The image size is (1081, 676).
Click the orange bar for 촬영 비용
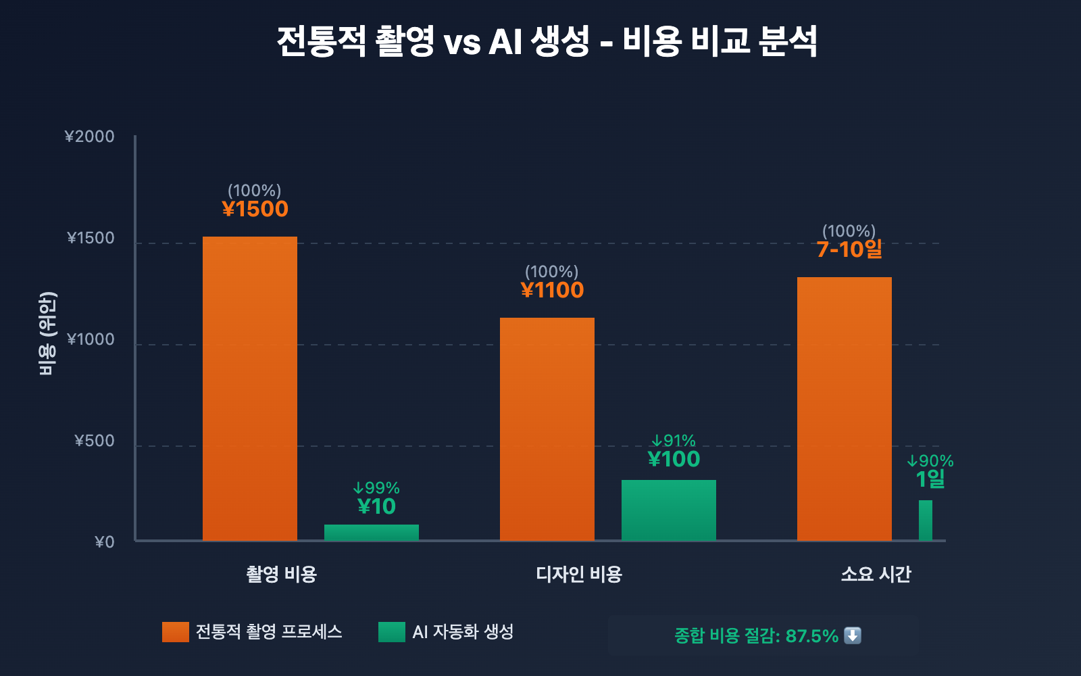250,389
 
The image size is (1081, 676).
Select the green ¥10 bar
372,533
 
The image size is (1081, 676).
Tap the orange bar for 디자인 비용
547,429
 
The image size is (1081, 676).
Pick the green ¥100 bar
669,510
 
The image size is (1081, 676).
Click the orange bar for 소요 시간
845,409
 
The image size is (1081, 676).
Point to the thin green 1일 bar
926,521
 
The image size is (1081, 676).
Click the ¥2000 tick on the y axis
90,137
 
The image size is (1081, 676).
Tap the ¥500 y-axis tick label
95,441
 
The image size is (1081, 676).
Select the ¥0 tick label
105,542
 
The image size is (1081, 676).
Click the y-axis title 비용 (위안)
47,333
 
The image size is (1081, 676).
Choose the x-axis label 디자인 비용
579,574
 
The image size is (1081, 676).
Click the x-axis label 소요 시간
876,574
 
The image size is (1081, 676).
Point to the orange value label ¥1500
255,209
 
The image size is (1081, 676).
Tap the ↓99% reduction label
376,488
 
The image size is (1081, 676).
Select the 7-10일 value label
849,249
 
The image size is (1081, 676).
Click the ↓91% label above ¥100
674,441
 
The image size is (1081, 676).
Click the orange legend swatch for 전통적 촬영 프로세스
176,632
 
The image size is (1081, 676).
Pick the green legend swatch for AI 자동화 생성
392,632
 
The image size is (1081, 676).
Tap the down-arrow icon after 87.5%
853,635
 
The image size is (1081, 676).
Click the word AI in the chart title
505,42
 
